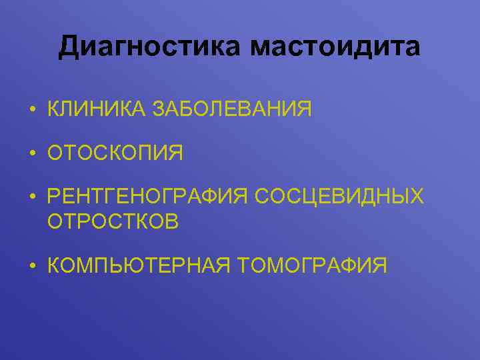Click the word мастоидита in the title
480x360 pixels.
pos(335,47)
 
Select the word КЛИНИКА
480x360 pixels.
pos(97,108)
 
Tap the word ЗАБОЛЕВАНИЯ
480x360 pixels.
pos(232,108)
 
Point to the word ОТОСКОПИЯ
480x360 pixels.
pos(115,153)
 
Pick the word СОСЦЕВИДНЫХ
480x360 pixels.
pos(339,197)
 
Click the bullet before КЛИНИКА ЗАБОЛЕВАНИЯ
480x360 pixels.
pos(32,109)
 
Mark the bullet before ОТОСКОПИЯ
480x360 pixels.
pos(32,153)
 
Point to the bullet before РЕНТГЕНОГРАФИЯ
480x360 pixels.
pos(32,198)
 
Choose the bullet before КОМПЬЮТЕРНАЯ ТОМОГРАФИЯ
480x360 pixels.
pos(32,266)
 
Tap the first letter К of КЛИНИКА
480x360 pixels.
pos(55,108)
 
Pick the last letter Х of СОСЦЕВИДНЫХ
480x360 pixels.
pos(417,197)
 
